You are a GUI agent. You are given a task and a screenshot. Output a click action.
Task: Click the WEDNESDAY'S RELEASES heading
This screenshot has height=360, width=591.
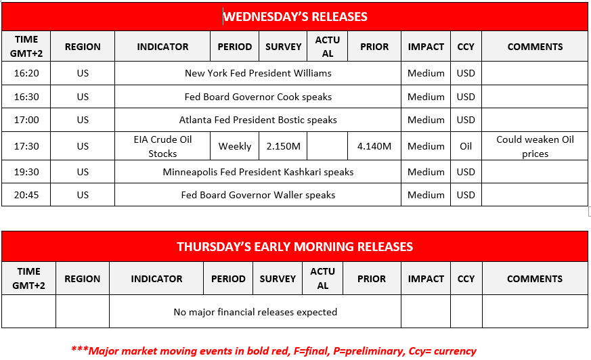(295, 16)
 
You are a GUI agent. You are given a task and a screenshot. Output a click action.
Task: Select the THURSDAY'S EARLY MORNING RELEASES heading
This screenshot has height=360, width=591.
(294, 246)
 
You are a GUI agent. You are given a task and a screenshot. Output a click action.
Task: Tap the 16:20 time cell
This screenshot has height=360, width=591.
(26, 73)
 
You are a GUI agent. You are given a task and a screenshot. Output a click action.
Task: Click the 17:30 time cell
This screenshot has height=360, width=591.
(26, 146)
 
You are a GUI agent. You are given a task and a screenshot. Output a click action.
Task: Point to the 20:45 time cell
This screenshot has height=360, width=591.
(26, 195)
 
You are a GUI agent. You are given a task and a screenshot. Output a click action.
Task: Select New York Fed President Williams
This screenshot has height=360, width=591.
(258, 73)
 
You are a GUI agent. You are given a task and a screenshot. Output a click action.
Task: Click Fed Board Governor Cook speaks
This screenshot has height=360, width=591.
(258, 97)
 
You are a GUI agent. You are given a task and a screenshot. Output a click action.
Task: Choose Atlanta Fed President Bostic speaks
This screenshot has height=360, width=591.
(258, 120)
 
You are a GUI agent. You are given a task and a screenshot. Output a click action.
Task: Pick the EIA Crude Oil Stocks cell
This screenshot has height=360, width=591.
(162, 146)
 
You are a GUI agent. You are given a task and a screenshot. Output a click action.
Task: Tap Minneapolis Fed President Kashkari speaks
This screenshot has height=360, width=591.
(258, 172)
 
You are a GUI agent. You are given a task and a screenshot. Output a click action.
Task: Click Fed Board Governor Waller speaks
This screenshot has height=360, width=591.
(258, 195)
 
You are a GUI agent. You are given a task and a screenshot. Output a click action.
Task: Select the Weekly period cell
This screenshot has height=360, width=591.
(235, 146)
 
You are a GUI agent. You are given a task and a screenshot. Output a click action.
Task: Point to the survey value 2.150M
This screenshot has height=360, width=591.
(283, 146)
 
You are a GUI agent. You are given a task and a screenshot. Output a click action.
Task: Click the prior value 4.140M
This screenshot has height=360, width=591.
(374, 146)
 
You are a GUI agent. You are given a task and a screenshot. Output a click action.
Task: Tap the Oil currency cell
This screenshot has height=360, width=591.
(466, 146)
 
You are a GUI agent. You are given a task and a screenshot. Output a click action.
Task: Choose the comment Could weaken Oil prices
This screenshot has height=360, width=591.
(535, 146)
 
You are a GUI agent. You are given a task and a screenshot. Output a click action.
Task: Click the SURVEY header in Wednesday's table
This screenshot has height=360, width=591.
(283, 47)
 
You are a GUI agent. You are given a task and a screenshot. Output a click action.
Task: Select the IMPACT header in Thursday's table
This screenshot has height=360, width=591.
(426, 279)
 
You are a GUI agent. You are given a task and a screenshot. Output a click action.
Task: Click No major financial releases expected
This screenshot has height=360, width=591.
(255, 312)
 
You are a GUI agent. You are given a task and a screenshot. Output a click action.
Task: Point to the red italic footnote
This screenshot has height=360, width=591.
(273, 351)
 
